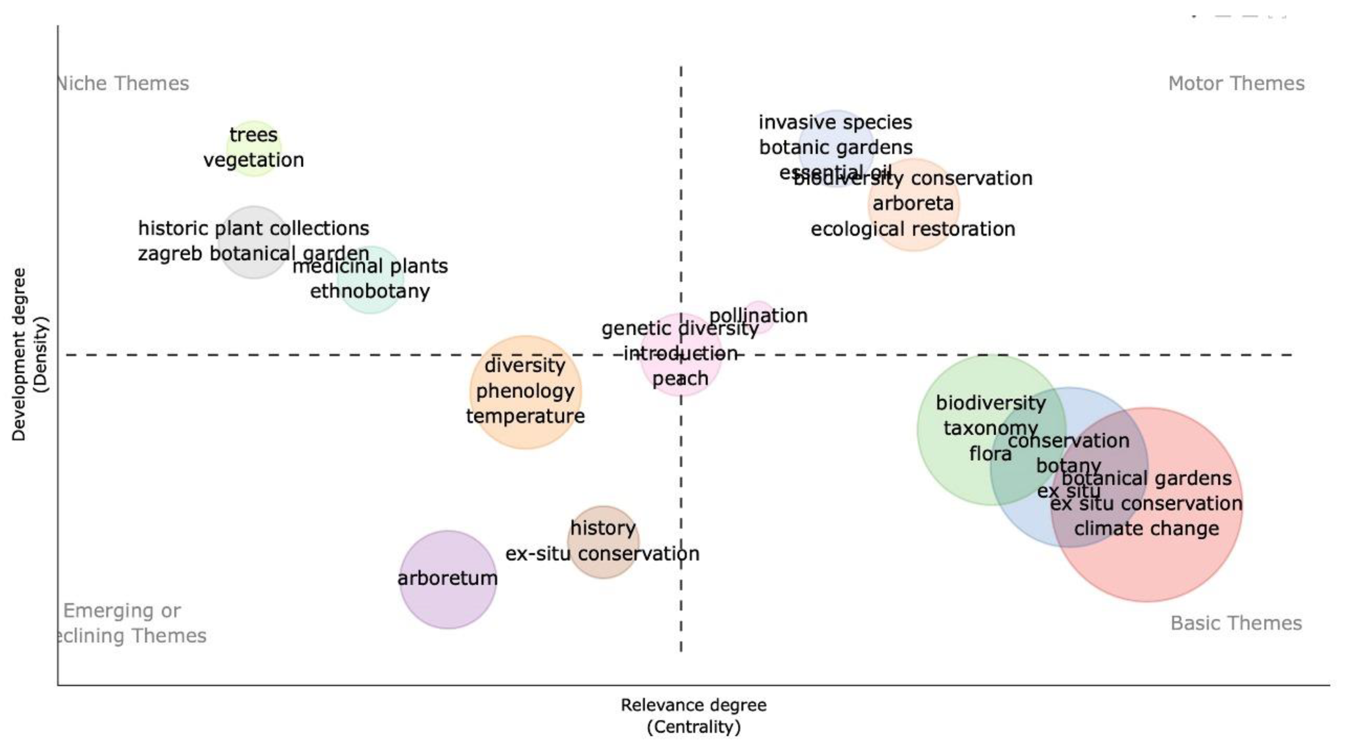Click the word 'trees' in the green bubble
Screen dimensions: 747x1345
[x=253, y=135]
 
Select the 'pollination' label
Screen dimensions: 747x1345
[x=758, y=316]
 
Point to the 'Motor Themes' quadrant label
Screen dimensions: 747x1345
[x=1236, y=83]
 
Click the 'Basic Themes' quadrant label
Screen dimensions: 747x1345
[x=1236, y=623]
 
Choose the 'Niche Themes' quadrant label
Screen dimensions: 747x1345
[x=123, y=83]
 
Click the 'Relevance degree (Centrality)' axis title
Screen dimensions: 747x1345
[x=693, y=716]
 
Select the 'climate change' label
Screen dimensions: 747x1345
[x=1147, y=529]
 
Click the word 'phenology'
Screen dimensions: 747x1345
[x=525, y=391]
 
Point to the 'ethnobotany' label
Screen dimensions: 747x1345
[x=370, y=291]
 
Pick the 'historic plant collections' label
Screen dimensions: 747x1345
[x=254, y=228]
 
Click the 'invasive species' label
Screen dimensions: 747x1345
[x=835, y=122]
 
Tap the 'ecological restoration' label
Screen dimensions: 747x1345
[x=912, y=229]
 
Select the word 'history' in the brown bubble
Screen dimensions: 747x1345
[x=603, y=528]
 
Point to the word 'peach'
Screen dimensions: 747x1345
[x=680, y=378]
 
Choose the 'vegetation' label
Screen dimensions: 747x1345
[x=253, y=160]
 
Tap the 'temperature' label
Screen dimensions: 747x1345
[x=525, y=416]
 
